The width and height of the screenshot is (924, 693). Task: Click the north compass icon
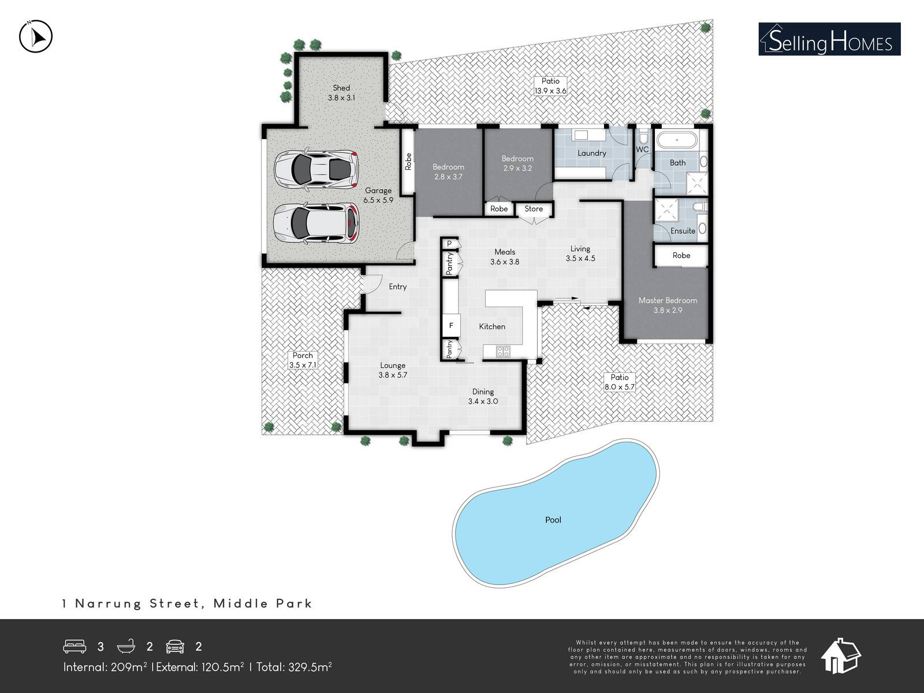(36, 36)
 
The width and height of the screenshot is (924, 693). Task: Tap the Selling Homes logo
(829, 39)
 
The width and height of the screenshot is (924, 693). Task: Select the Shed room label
(341, 88)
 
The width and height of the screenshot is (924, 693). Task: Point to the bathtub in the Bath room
(677, 140)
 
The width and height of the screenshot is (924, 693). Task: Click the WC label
(642, 150)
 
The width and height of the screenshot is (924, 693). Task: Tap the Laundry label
(592, 153)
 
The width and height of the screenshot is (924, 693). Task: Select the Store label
(534, 208)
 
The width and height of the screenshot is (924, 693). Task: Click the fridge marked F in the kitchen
(451, 325)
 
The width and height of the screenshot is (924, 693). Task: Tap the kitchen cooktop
(503, 351)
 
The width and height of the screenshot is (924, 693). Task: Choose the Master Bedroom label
(668, 300)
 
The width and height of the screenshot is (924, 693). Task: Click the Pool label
(553, 520)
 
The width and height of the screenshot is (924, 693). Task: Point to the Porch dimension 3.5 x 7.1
(303, 365)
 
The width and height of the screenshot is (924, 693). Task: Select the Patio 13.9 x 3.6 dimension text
(550, 91)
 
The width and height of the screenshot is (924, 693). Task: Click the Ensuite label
(683, 230)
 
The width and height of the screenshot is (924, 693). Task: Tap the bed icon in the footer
(74, 646)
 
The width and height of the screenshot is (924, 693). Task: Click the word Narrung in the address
(108, 603)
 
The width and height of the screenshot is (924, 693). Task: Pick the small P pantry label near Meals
(449, 244)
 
